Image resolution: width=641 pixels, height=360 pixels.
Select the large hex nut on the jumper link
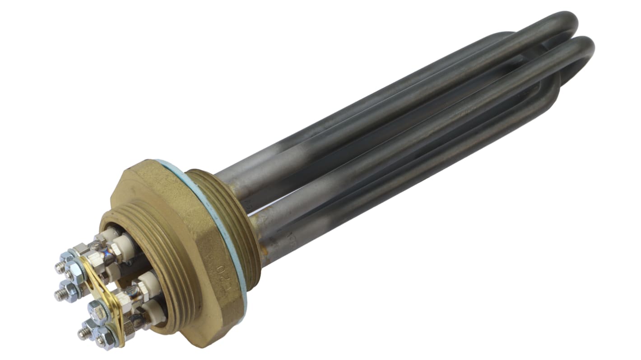[x=98, y=312]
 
